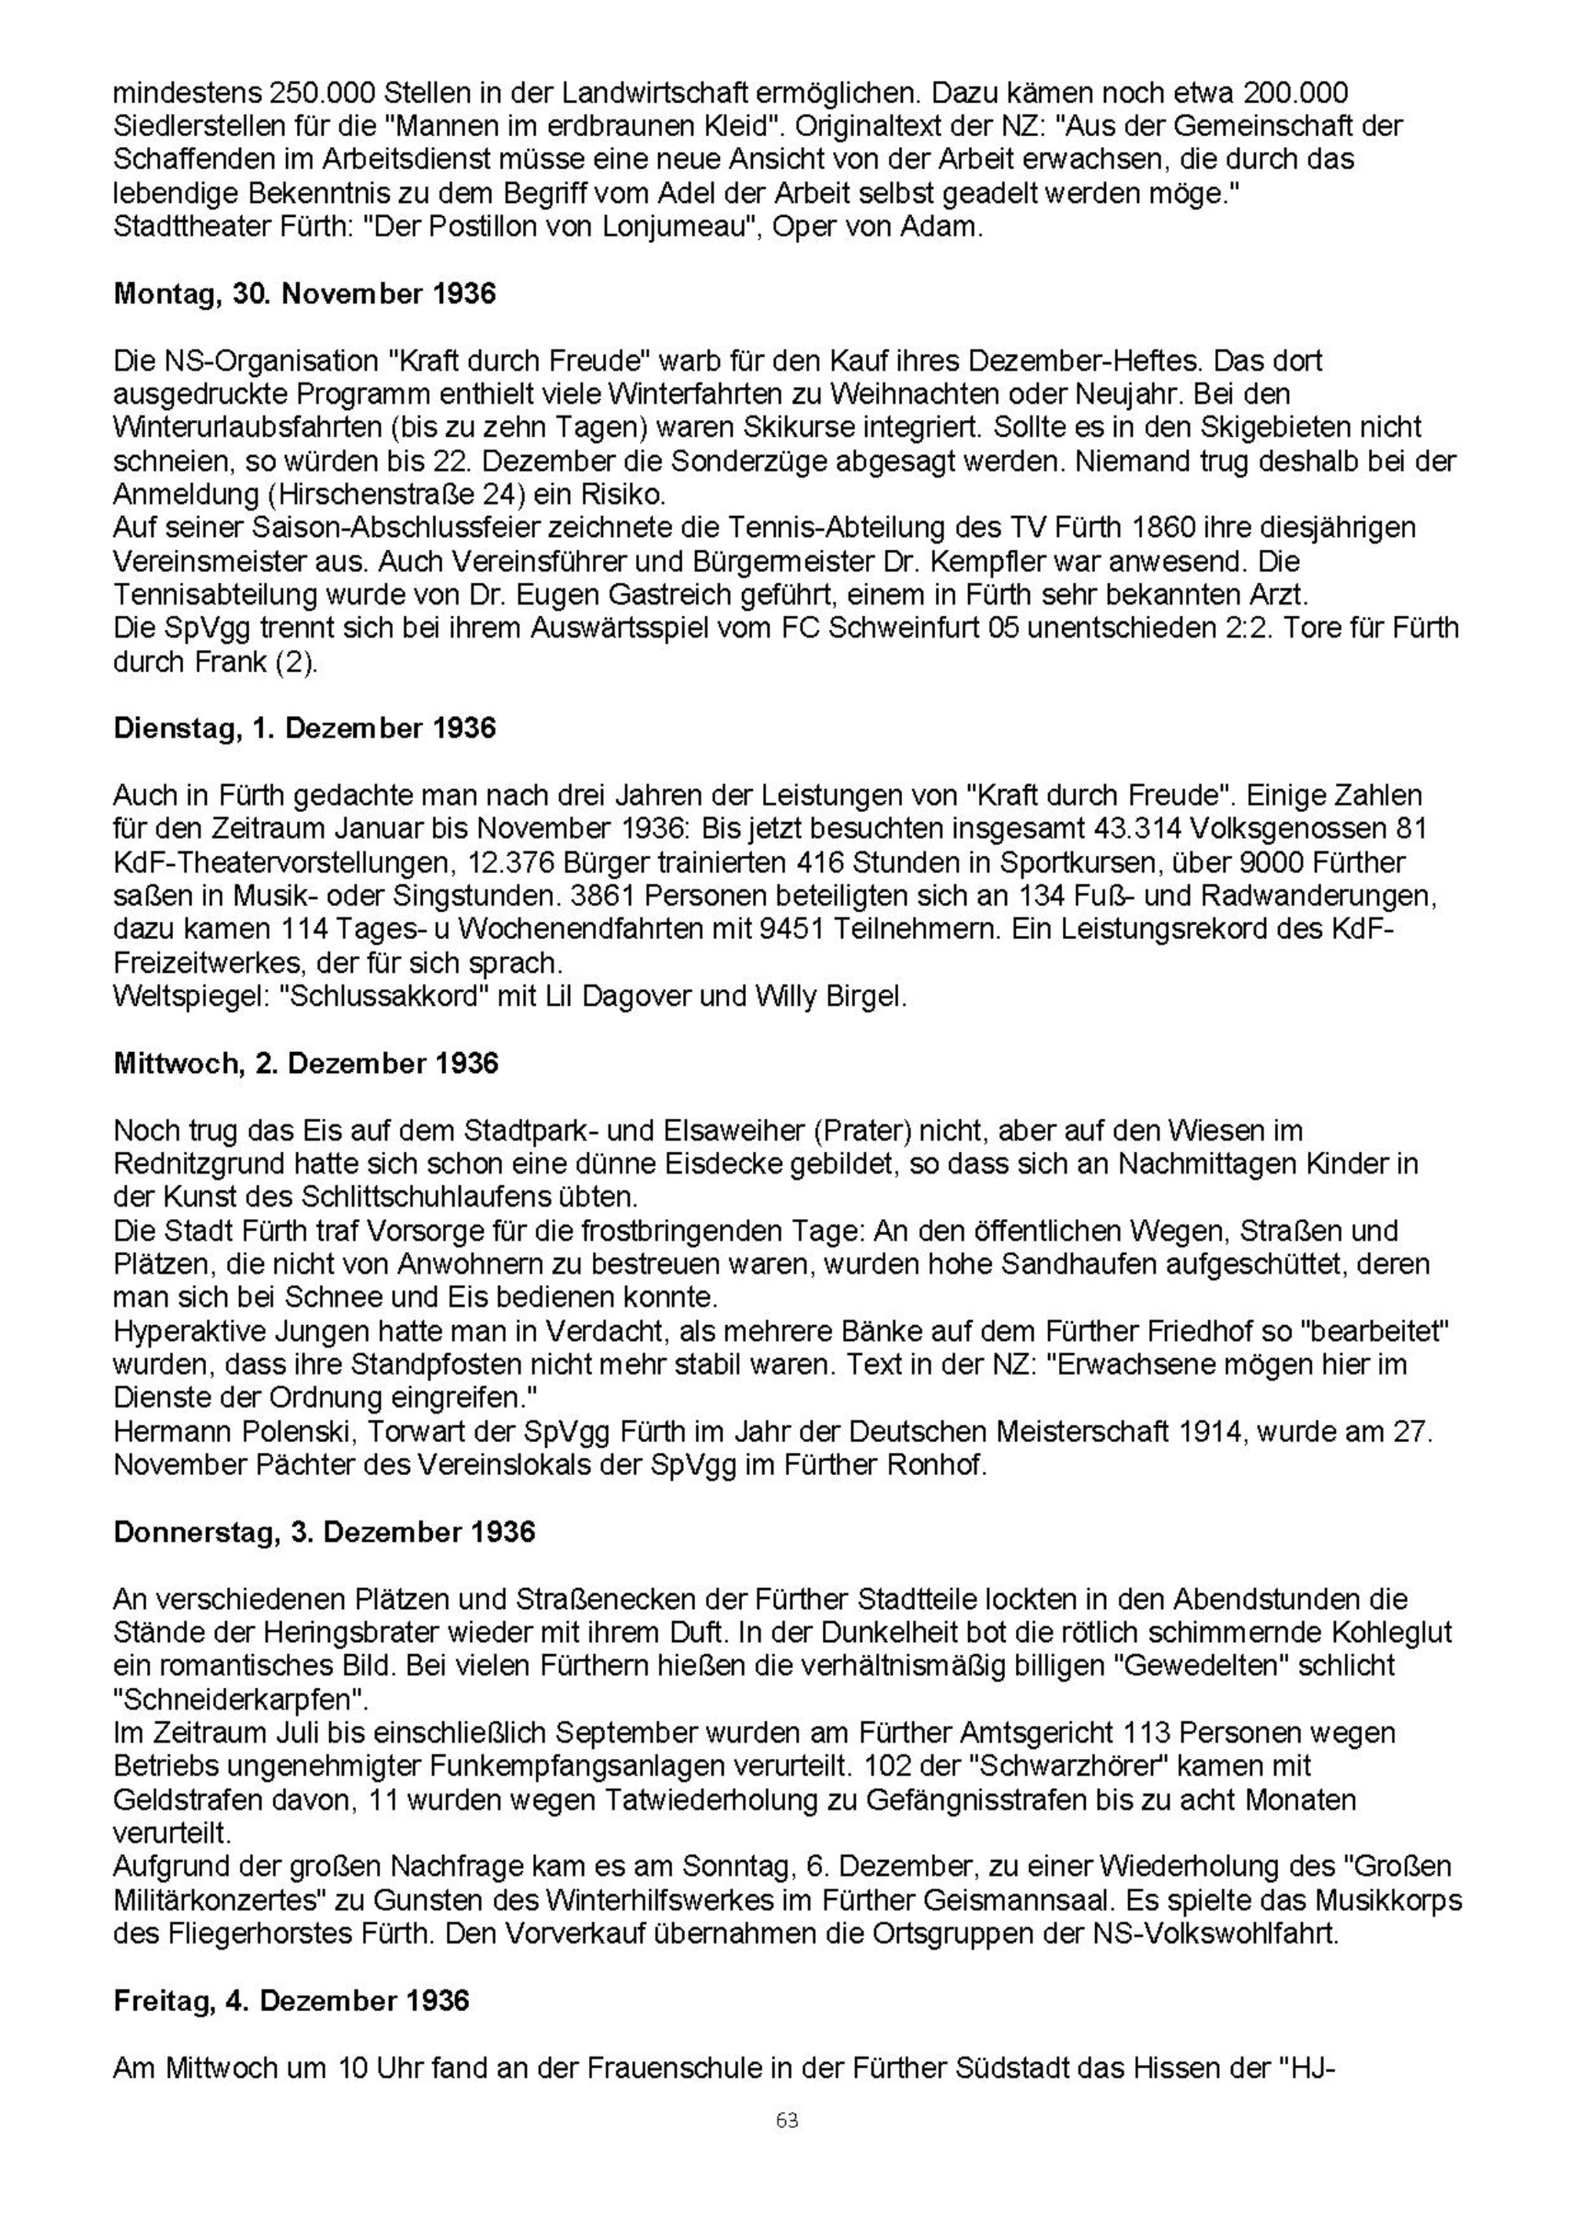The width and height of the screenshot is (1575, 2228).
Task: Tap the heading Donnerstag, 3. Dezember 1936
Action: [324, 1531]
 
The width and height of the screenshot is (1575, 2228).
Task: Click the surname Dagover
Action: [636, 997]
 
